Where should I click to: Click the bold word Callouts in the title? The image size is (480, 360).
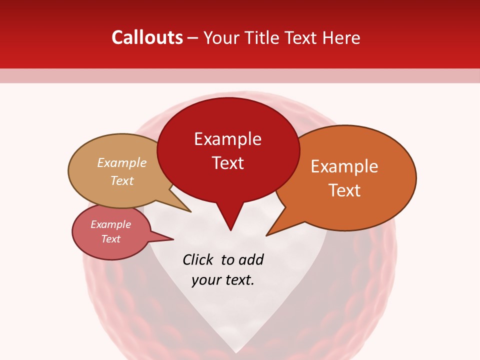pos(147,37)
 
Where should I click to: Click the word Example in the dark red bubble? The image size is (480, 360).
pos(227,139)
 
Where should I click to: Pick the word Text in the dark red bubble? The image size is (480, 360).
pos(227,163)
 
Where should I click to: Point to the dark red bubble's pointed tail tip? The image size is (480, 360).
pos(230,230)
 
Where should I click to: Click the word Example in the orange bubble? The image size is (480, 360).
pos(344,166)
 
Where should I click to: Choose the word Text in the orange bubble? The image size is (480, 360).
pos(344,190)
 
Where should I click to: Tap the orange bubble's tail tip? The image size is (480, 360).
pos(266,235)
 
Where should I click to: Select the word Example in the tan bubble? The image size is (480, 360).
pos(122,163)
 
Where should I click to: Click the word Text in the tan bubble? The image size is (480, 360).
pos(122,180)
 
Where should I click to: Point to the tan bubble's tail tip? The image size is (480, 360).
pos(190,211)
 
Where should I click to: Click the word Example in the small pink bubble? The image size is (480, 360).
pos(110,224)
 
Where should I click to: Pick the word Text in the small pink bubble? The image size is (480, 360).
pos(110,239)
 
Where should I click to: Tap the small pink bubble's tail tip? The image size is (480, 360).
pos(173,239)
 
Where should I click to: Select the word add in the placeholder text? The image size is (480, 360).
pos(251,259)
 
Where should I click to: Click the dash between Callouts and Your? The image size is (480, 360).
pos(193,38)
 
